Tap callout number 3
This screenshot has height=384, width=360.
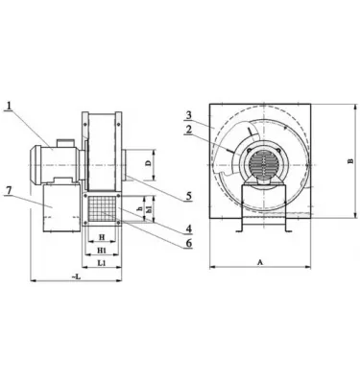[189, 114]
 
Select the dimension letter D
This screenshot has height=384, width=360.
[147, 164]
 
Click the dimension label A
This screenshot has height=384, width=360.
[260, 261]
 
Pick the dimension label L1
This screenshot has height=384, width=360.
[102, 262]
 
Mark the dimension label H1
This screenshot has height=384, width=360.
[102, 248]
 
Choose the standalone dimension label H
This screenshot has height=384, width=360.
[101, 234]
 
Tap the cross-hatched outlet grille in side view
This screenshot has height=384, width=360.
[101, 210]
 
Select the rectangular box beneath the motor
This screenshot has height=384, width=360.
[60, 209]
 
